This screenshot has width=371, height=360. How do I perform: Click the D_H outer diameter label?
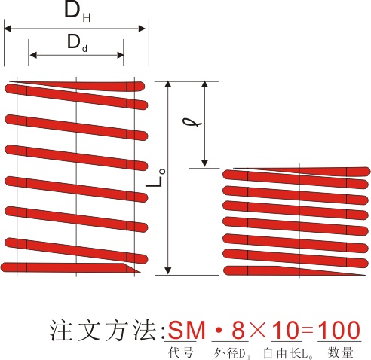pos(78,13)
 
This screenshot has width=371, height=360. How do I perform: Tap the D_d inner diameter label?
pos(77,43)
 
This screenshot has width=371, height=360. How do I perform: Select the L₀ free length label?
pos(155,178)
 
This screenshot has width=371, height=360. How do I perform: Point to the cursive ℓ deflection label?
pos(192,122)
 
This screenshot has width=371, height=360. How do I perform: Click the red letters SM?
pos(186,330)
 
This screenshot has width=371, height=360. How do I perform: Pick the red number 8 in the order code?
pos(238,330)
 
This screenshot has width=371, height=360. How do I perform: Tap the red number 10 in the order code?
pos(287,330)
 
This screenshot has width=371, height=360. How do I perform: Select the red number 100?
pos(339,330)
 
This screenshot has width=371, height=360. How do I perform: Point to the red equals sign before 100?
pos(307,331)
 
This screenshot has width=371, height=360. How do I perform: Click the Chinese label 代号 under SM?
pos(181,352)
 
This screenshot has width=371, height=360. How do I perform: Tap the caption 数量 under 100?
pos(340,352)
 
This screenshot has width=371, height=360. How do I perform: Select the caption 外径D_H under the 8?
pos(231,353)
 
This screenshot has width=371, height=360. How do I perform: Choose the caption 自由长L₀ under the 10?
pos(288,353)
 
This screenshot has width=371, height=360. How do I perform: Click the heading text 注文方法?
pos(103,331)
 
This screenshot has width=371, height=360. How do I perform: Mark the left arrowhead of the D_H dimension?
pos(8,29)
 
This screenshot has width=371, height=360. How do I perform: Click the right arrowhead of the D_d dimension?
pos(121,55)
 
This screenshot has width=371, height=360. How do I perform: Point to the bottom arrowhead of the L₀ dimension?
pos(168,271)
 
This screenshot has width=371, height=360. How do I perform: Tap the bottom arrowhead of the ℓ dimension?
pos(205,163)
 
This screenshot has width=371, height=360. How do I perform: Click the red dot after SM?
pos(219,331)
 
